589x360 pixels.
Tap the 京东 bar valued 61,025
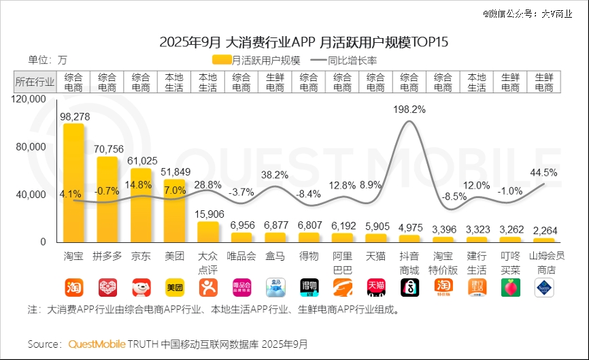(141, 204)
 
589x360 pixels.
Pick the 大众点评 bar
(208, 231)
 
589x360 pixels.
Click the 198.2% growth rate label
(409, 109)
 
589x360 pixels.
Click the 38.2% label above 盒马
(275, 175)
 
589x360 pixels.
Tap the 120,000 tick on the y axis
(29, 99)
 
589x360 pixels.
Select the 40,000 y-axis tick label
(32, 195)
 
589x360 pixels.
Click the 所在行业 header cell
(35, 82)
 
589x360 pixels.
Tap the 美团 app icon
(175, 287)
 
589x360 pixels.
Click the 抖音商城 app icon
(409, 287)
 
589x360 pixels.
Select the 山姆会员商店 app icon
(544, 287)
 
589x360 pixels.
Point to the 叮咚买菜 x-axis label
(510, 262)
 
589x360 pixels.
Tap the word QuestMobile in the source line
(97, 344)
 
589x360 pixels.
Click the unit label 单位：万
(48, 60)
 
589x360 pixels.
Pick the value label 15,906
(207, 214)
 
